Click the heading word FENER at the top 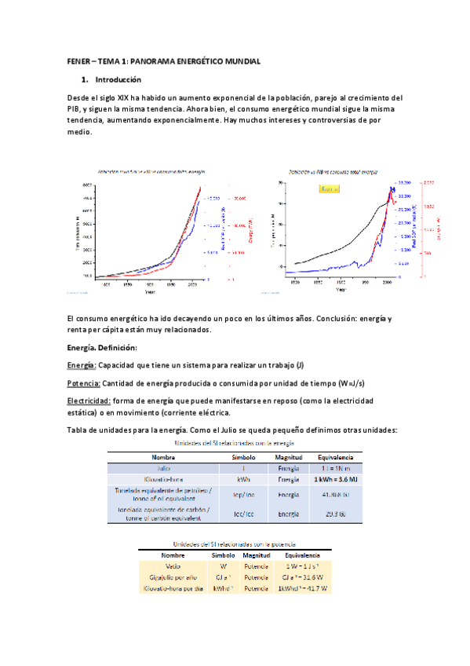click(78, 61)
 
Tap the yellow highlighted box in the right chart click(330, 188)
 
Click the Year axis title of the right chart click(340, 289)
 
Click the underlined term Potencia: click(83, 382)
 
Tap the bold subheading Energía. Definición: click(102, 347)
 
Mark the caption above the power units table click(235, 543)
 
